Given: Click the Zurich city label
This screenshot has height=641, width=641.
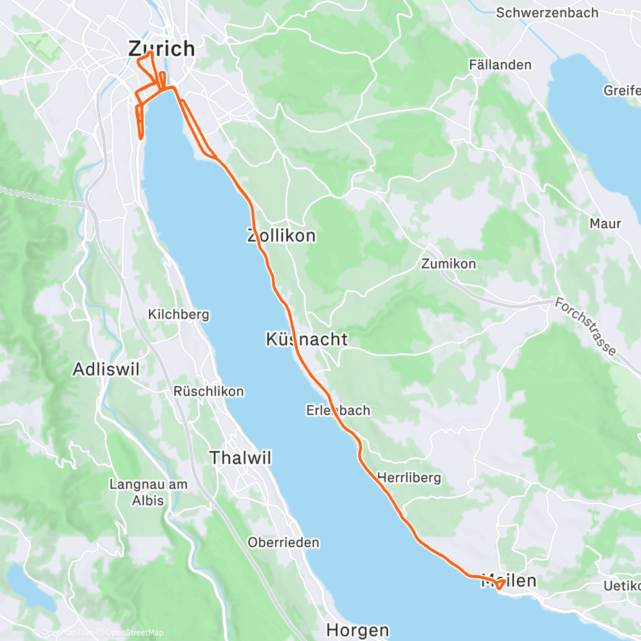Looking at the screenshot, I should (162, 49).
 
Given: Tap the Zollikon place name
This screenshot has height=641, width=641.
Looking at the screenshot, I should (281, 236).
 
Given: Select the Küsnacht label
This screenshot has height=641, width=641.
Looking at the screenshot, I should (306, 340).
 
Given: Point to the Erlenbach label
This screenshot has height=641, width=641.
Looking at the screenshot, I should (338, 410).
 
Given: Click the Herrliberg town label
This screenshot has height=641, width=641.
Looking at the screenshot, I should (409, 478).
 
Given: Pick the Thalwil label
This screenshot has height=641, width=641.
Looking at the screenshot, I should (241, 458).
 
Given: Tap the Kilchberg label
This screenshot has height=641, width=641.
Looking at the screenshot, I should (178, 315).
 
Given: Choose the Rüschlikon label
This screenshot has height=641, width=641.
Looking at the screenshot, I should (208, 391).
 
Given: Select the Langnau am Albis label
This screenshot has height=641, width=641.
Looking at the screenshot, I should (148, 492).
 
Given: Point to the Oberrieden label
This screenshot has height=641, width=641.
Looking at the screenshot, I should (283, 542).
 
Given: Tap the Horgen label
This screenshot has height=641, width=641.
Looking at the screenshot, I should (357, 629).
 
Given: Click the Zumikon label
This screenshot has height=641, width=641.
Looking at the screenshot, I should (449, 263).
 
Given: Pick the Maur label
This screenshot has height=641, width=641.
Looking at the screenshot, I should (606, 224).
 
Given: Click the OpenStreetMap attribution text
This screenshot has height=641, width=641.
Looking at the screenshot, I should (132, 633).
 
